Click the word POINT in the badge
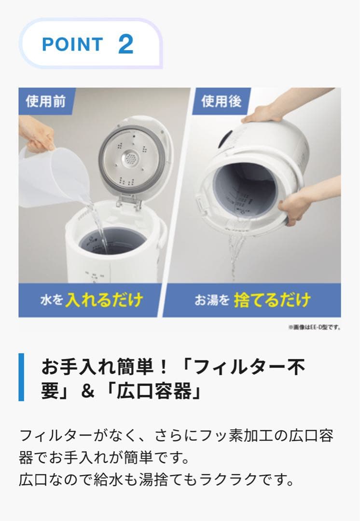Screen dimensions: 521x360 72,44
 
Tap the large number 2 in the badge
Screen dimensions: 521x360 125,44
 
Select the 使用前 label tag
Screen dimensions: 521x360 46,101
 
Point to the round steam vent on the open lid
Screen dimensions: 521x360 130,157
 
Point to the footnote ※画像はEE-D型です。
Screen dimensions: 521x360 314,327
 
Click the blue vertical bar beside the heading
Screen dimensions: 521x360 21,377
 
